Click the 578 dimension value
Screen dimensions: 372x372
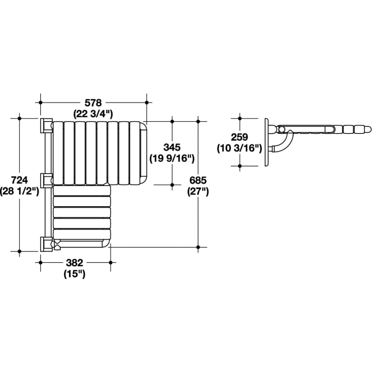(93, 102)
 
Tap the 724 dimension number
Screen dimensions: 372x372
(19, 180)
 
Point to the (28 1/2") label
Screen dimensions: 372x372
(19, 191)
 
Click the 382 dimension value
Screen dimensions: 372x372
(75, 262)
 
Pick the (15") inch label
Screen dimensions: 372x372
(74, 274)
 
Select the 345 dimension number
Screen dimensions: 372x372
(172, 147)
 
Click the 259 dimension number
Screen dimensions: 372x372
(240, 137)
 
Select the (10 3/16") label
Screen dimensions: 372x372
(240, 148)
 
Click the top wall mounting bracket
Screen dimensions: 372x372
(45, 126)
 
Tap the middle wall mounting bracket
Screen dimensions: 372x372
(45, 180)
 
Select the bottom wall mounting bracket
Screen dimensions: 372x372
(45, 244)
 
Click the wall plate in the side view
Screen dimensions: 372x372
(267, 142)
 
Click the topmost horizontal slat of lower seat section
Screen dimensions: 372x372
(82, 190)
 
